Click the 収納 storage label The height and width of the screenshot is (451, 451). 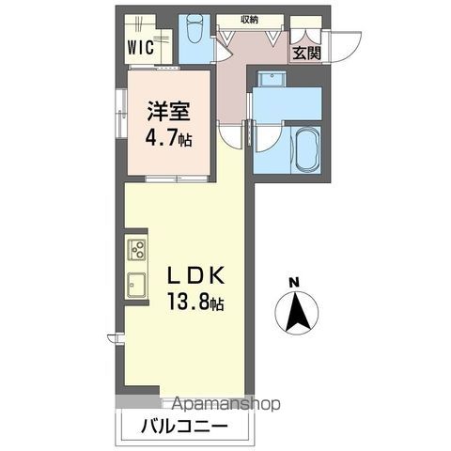(248, 18)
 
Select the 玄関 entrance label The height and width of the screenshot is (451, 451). (304, 52)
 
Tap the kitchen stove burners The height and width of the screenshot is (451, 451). (137, 250)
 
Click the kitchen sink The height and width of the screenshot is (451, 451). (137, 283)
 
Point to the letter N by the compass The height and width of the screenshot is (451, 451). (293, 281)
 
